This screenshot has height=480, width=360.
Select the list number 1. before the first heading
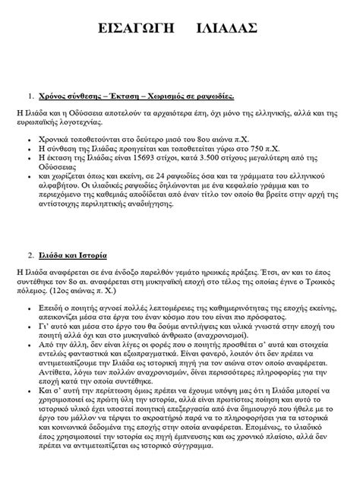[x=31, y=97]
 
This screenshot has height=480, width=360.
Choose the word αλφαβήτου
[x=57, y=185]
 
